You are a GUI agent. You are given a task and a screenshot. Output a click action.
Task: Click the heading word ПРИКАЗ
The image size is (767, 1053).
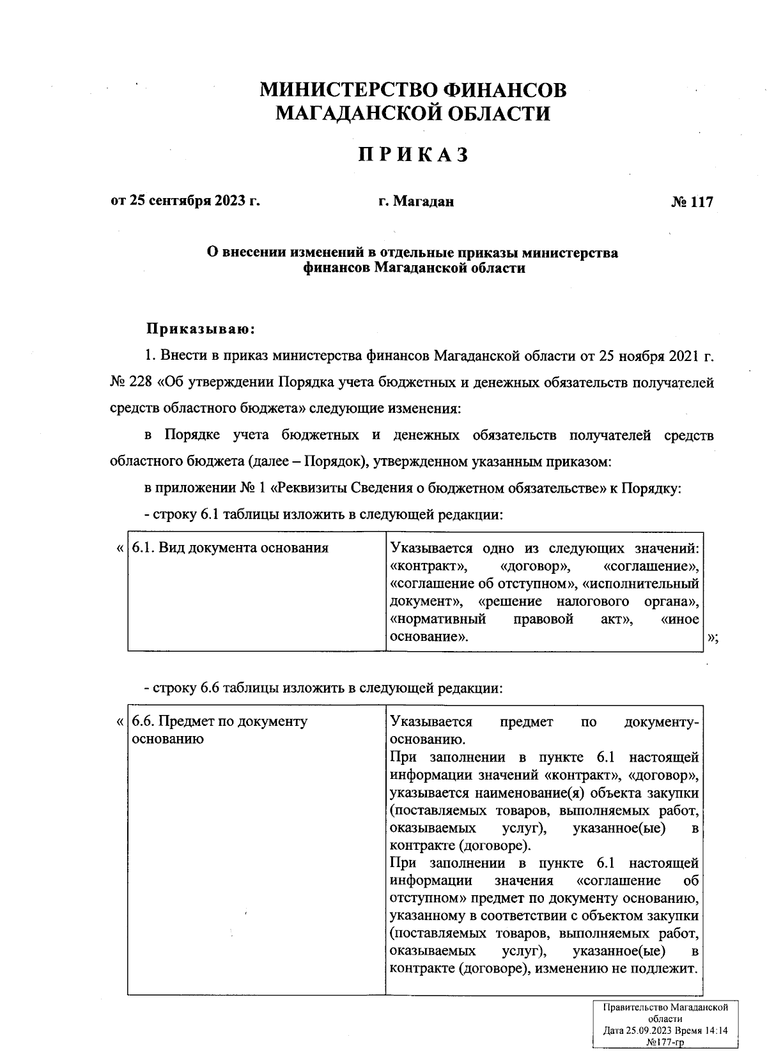413,155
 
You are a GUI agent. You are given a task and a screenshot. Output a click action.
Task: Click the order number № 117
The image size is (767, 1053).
692,202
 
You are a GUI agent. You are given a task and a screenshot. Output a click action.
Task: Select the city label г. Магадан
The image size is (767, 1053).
415,202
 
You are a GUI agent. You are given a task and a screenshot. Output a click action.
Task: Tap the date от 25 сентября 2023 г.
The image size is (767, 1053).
186,201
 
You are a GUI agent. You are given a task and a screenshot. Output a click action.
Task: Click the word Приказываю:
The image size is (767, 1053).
201,330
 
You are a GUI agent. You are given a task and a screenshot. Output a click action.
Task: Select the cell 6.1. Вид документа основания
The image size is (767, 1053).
230,548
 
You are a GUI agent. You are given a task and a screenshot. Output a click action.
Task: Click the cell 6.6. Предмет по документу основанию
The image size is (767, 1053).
220,730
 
